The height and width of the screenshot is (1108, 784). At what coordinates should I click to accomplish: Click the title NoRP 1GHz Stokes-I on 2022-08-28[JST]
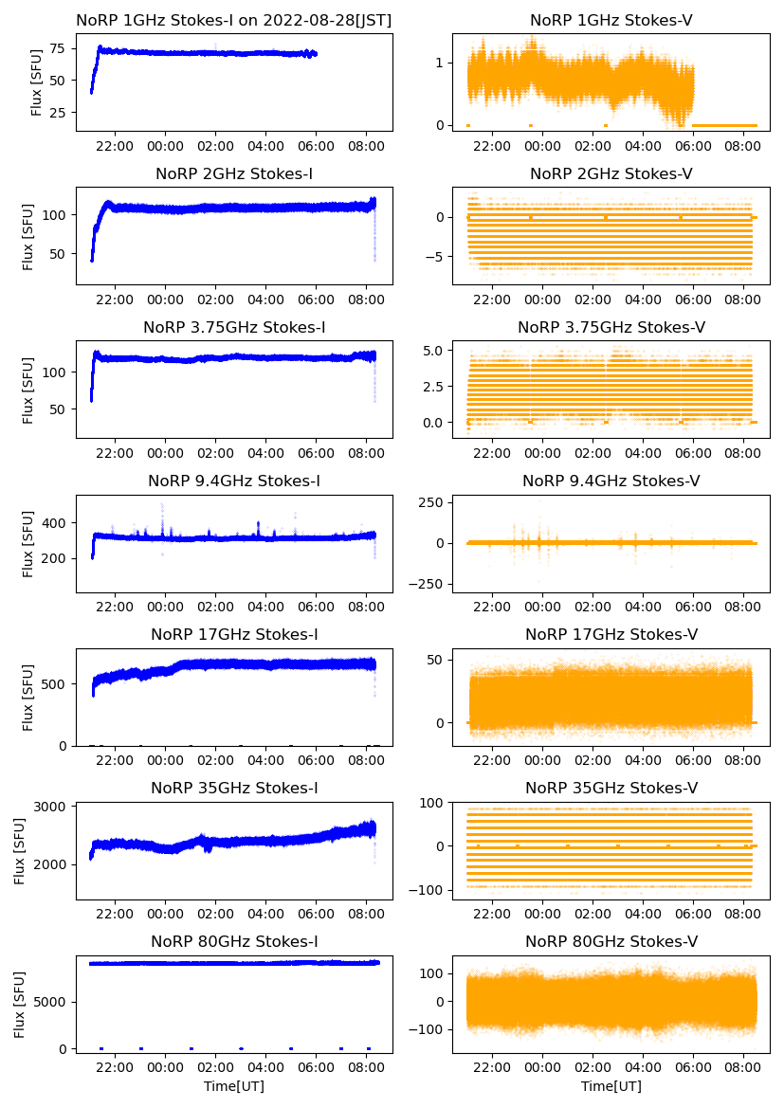coord(234,20)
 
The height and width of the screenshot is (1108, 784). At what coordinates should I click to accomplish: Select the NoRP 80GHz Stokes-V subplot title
coord(611,941)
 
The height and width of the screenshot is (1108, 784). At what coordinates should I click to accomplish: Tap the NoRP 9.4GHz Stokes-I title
coord(234,481)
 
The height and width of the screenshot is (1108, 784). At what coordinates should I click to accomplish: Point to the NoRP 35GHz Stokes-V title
coord(611,788)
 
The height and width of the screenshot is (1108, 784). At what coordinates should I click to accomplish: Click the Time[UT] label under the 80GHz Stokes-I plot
coord(234,1085)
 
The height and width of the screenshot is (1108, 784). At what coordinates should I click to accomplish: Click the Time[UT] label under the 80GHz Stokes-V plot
coord(611,1085)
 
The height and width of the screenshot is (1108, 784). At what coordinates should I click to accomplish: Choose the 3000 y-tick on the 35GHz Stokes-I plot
coord(49,807)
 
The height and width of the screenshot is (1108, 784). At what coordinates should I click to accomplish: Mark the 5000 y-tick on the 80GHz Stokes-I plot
coord(49,1002)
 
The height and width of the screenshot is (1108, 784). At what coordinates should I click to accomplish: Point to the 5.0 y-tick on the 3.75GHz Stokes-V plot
coord(432,351)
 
